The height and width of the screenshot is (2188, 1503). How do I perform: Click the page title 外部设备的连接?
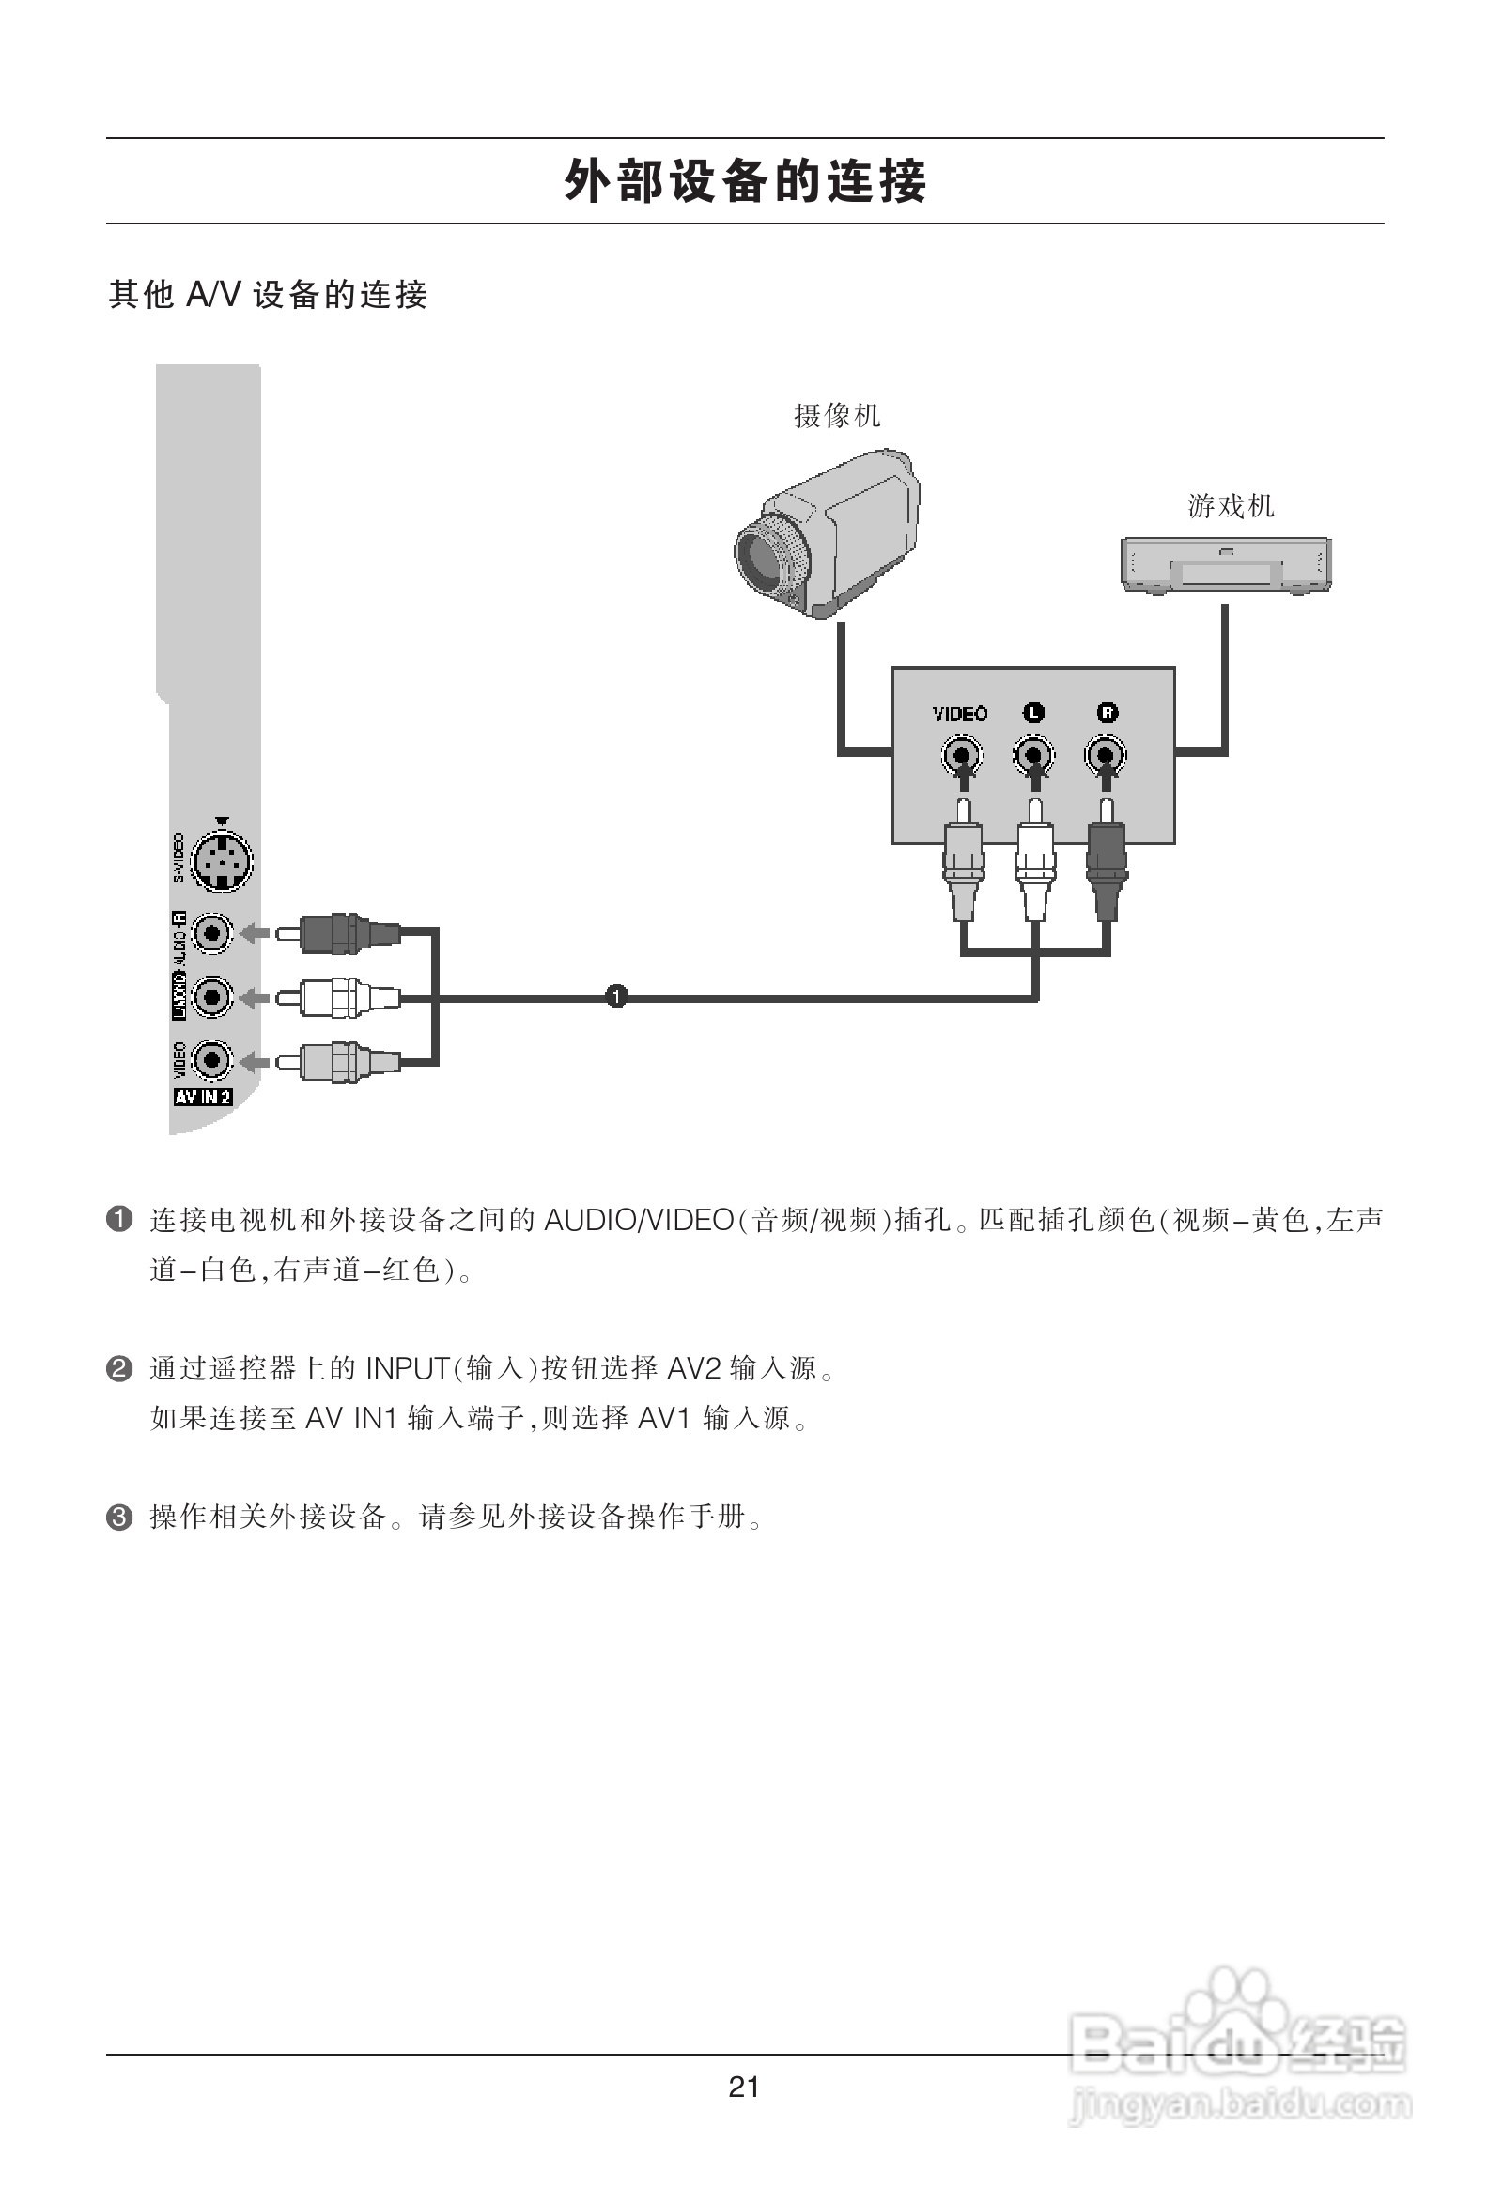pyautogui.click(x=745, y=180)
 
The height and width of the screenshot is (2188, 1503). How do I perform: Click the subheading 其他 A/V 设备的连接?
pyautogui.click(x=269, y=295)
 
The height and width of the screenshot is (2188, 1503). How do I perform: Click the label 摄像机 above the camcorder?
pyautogui.click(x=836, y=415)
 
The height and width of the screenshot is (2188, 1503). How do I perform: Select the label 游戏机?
pyautogui.click(x=1230, y=506)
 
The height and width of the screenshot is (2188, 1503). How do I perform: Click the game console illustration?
pyautogui.click(x=1225, y=565)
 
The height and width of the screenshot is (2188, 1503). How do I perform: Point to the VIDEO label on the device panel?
pyautogui.click(x=960, y=714)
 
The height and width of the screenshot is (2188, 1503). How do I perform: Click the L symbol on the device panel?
pyautogui.click(x=1033, y=713)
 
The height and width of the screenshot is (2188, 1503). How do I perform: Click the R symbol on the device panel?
pyautogui.click(x=1107, y=713)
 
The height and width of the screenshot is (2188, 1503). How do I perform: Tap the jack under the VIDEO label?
pyautogui.click(x=962, y=755)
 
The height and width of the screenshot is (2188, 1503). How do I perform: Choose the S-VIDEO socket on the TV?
pyautogui.click(x=222, y=860)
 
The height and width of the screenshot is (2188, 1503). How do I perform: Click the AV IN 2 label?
pyautogui.click(x=203, y=1097)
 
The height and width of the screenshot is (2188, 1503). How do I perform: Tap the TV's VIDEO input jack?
pyautogui.click(x=213, y=1061)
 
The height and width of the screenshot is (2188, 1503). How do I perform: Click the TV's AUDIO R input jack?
pyautogui.click(x=213, y=934)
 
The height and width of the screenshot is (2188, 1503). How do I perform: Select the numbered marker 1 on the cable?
pyautogui.click(x=616, y=996)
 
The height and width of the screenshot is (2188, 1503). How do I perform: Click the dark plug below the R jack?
pyautogui.click(x=1107, y=871)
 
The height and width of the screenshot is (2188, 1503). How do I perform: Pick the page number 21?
pyautogui.click(x=744, y=2088)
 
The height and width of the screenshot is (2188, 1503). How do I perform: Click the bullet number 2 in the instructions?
pyautogui.click(x=119, y=1369)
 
